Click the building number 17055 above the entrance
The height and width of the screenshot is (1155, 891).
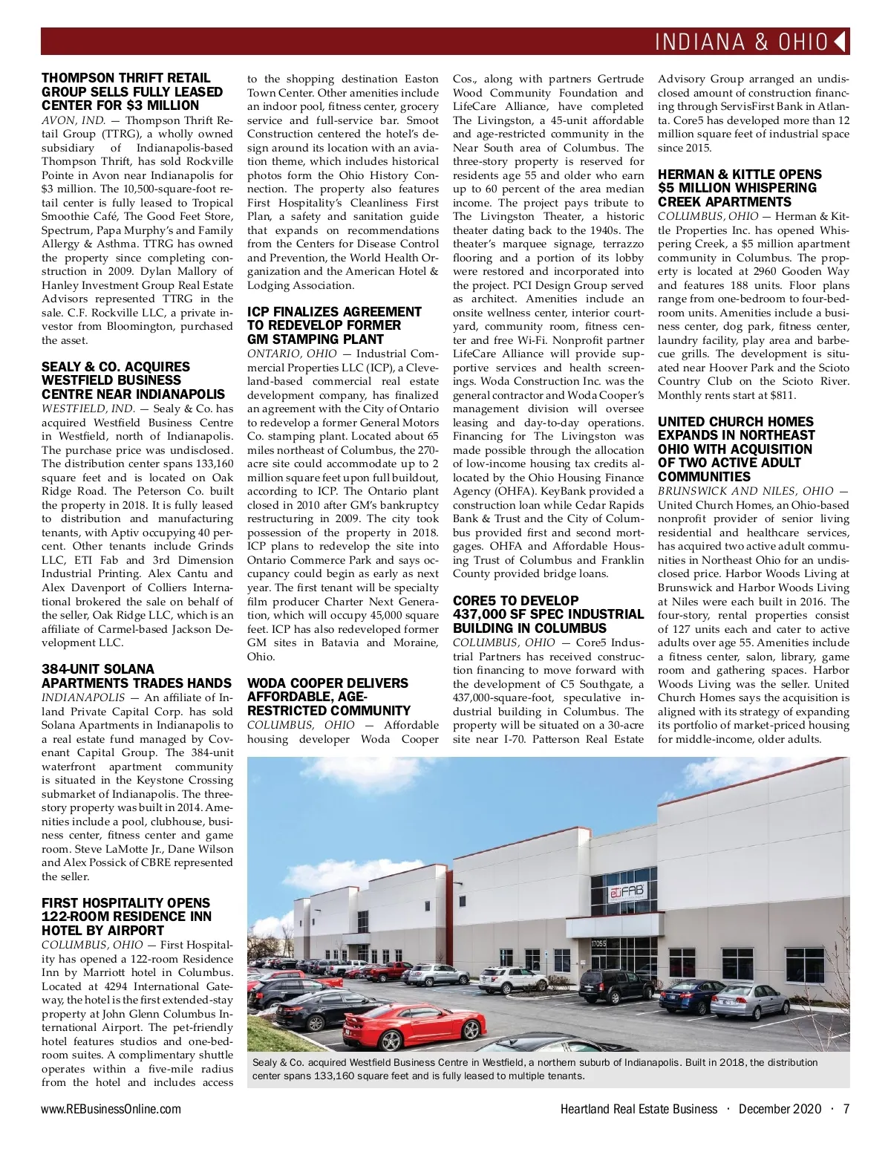click(598, 943)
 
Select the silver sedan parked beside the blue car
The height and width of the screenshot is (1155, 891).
click(750, 1000)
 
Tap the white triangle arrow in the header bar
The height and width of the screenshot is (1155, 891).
click(841, 42)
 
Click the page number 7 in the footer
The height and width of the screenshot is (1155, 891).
click(846, 1109)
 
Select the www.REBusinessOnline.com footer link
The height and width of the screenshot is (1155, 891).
click(111, 1109)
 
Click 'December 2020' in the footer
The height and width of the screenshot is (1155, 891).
click(780, 1109)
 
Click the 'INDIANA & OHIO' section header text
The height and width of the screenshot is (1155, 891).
click(741, 42)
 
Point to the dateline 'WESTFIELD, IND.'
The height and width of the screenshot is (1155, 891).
click(88, 409)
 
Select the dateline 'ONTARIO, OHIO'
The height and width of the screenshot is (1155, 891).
click(292, 354)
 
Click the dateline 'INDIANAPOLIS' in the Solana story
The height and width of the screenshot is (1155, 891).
click(83, 697)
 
